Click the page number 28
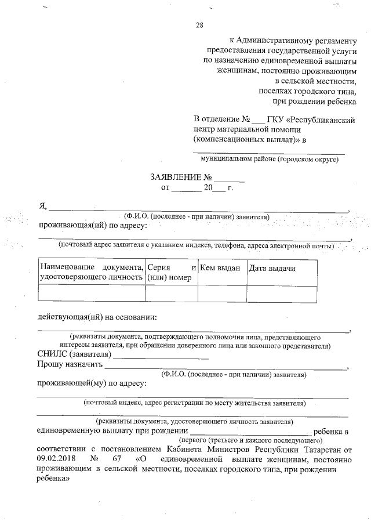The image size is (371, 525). tap(199, 24)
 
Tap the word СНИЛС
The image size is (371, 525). tap(52, 354)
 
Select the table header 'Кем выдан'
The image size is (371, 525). tap(220, 268)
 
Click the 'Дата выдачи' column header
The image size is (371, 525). tap(272, 268)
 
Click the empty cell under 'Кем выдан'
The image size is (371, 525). tap(222, 294)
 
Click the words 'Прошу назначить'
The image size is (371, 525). tap(70, 365)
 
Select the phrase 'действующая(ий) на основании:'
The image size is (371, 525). tap(97, 317)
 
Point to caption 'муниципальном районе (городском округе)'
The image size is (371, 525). tap(269, 158)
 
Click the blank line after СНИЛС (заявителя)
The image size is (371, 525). tap(148, 356)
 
